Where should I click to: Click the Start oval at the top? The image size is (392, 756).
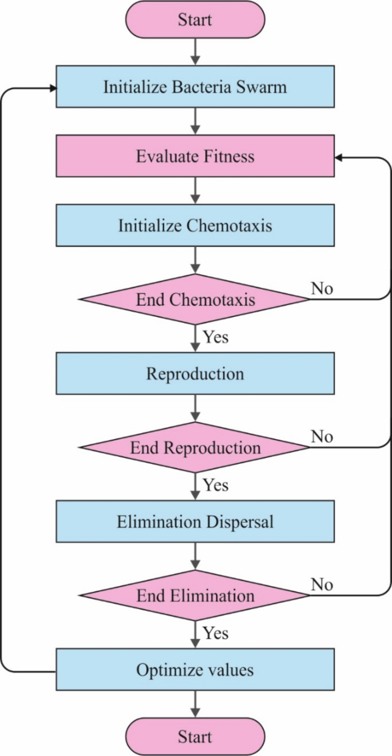click(195, 20)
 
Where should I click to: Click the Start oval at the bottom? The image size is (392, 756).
click(195, 736)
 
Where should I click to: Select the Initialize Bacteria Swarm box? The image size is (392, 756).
click(195, 87)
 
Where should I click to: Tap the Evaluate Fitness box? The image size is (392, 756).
click(195, 156)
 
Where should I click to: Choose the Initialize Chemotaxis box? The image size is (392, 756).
click(195, 225)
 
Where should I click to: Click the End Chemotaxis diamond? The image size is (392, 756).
click(195, 299)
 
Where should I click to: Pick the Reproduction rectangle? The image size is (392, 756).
click(195, 374)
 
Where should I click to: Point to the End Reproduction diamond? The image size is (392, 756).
click(195, 447)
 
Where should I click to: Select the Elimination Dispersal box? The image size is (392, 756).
click(195, 522)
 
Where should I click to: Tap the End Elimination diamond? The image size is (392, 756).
click(195, 595)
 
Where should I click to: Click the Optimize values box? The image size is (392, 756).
click(195, 670)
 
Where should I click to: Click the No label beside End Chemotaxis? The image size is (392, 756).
click(322, 289)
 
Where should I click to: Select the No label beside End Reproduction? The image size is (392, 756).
click(322, 437)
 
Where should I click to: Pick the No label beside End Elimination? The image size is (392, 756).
click(322, 584)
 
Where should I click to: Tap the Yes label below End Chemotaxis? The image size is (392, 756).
click(216, 337)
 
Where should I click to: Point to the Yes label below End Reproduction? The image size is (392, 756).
click(216, 486)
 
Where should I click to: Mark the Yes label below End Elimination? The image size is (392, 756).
click(216, 633)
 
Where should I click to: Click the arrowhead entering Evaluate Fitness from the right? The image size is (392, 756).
click(339, 156)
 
